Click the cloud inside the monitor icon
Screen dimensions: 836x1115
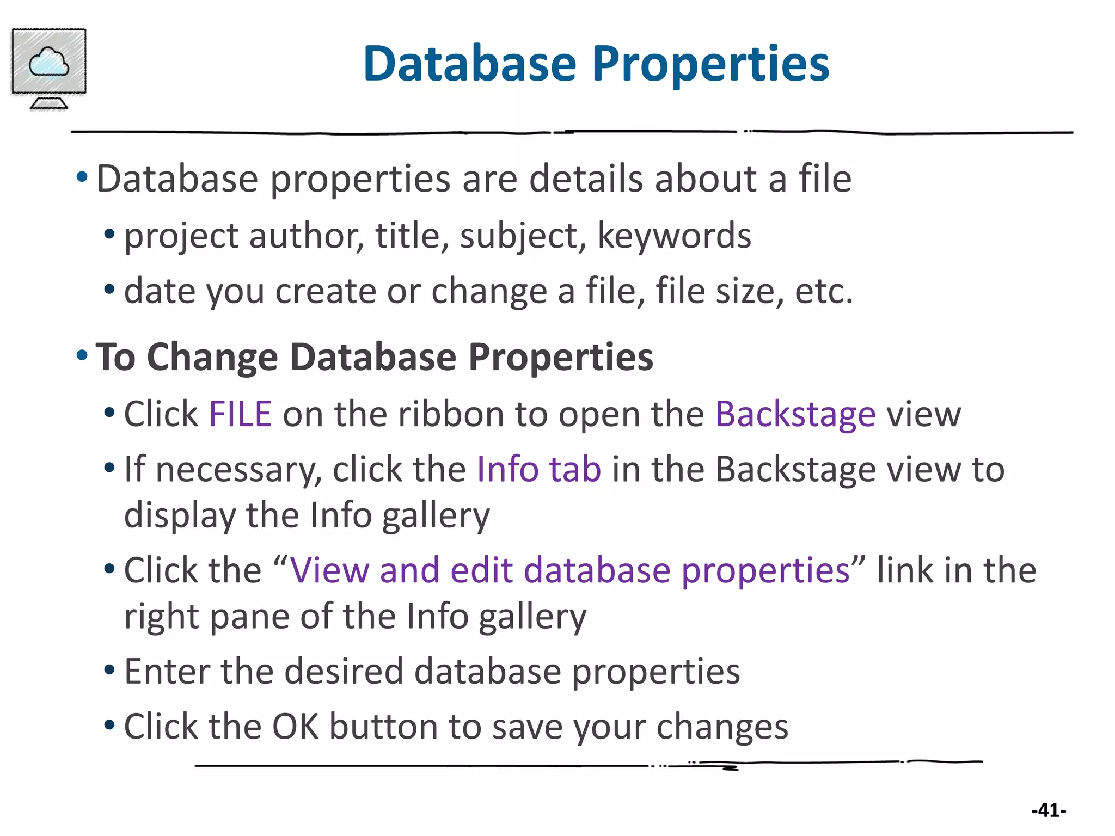49,62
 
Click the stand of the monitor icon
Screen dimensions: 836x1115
49,103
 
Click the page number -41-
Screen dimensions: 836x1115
1048,810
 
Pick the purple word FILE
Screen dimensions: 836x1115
240,414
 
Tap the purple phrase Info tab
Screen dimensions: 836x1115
538,469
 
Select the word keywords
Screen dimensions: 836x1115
674,237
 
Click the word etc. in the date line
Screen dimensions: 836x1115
823,291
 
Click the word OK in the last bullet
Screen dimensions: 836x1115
295,727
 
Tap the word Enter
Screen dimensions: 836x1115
167,671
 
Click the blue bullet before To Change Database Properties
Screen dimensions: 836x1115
82,356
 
